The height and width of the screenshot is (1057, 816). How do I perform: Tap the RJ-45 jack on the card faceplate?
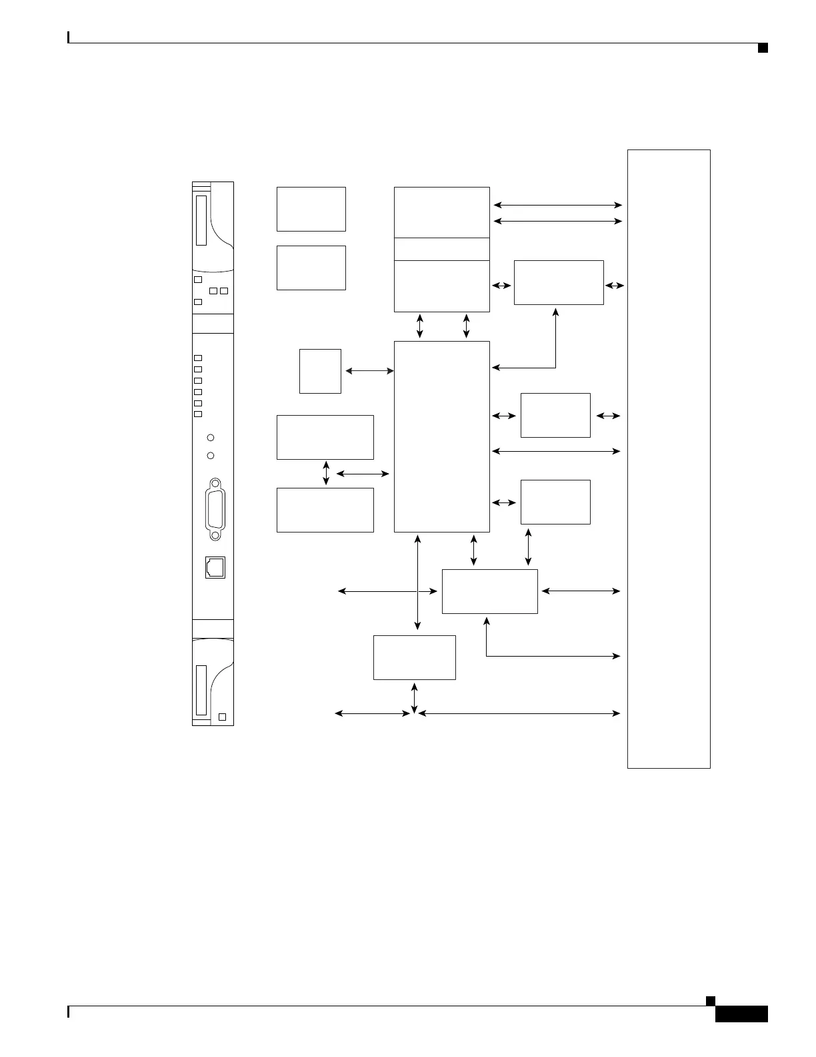tap(215, 567)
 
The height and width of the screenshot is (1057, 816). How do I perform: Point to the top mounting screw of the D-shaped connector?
tap(215, 484)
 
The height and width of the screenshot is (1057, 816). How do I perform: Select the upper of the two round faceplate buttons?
tap(211, 438)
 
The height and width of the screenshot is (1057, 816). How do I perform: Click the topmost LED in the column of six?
tap(198, 358)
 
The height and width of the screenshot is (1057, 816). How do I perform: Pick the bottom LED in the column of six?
tap(198, 414)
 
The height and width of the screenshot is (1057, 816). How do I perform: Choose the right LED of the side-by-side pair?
tap(224, 291)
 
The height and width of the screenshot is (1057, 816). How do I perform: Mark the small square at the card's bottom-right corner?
tap(223, 717)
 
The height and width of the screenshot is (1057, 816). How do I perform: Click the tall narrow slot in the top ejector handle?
tap(201, 220)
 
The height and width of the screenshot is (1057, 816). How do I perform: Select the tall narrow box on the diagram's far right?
tap(669, 458)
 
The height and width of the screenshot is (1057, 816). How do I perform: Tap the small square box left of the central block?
tap(320, 371)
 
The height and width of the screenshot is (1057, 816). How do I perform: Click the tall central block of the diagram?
tap(442, 436)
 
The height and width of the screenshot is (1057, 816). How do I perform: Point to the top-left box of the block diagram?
tap(311, 209)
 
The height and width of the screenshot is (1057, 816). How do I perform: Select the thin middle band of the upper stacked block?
tap(442, 249)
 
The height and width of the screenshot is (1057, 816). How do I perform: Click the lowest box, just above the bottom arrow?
tap(415, 657)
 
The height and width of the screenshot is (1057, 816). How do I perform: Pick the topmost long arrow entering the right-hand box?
tap(557, 206)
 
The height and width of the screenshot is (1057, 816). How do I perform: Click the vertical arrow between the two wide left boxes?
tap(326, 473)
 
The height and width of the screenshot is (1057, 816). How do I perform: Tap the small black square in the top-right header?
tap(763, 47)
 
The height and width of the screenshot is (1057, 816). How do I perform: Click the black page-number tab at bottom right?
tap(742, 1014)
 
